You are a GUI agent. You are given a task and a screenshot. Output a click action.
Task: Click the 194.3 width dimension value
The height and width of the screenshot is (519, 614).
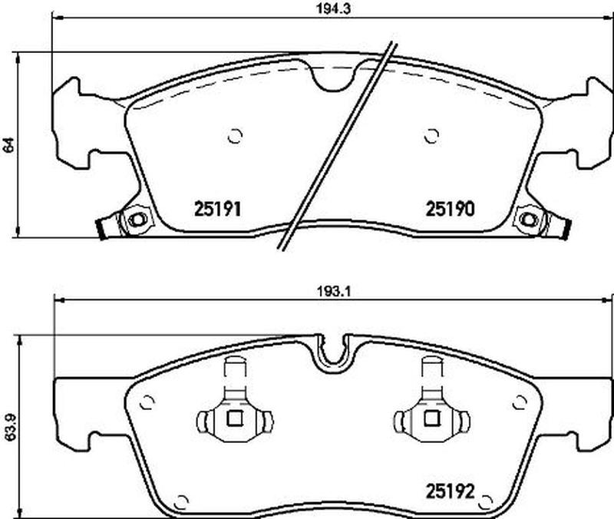click(333, 9)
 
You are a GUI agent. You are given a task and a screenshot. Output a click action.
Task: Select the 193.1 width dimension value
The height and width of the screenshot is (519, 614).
click(332, 292)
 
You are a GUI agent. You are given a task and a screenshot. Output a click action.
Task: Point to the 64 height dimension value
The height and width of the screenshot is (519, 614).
click(8, 144)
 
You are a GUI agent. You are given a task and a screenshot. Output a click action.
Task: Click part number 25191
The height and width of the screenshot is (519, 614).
click(217, 209)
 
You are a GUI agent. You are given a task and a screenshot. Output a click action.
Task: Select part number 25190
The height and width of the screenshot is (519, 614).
click(450, 209)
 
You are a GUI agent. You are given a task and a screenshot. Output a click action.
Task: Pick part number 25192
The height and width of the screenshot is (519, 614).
click(450, 491)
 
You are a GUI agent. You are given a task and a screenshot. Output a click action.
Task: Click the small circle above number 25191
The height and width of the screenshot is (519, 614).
click(235, 136)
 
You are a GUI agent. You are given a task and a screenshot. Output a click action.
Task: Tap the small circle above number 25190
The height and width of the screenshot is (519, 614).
click(432, 136)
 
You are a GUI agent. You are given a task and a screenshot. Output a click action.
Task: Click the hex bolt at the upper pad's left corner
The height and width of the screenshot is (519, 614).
click(137, 220)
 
